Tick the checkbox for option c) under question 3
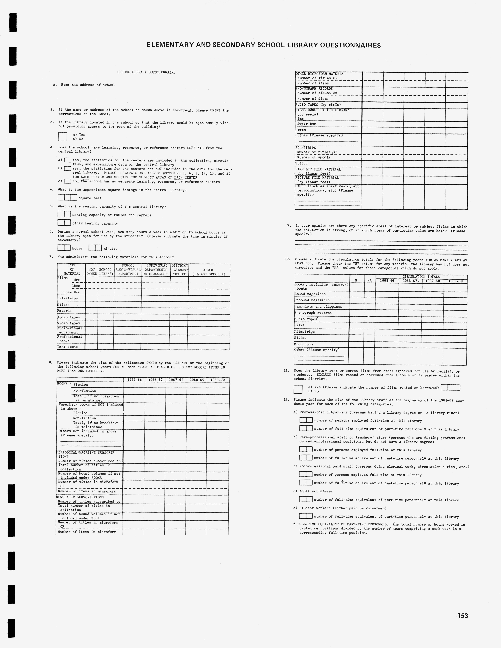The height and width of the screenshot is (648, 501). (x=68, y=181)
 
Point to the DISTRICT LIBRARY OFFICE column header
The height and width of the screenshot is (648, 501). (x=180, y=270)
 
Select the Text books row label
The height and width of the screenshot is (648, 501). (x=68, y=347)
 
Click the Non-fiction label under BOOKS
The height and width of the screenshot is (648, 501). (x=85, y=390)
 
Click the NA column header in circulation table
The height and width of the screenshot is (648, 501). (x=369, y=280)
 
